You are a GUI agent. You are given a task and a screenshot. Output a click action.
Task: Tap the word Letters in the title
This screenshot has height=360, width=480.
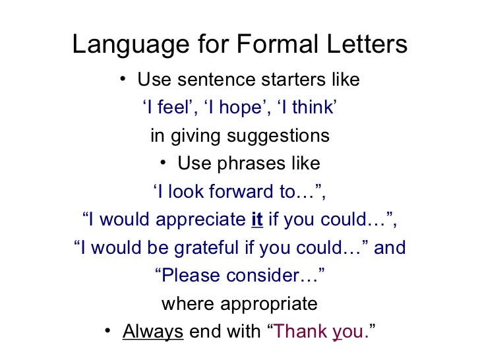pyautogui.click(x=370, y=45)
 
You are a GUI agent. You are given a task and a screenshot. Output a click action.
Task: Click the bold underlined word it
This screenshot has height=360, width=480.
pyautogui.click(x=257, y=220)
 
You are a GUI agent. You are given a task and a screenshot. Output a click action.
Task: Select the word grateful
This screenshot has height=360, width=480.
pyautogui.click(x=205, y=249)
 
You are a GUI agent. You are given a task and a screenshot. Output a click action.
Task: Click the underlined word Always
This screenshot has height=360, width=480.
pyautogui.click(x=153, y=332)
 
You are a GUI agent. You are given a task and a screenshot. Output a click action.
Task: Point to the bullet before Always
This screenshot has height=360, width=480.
pyautogui.click(x=109, y=332)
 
